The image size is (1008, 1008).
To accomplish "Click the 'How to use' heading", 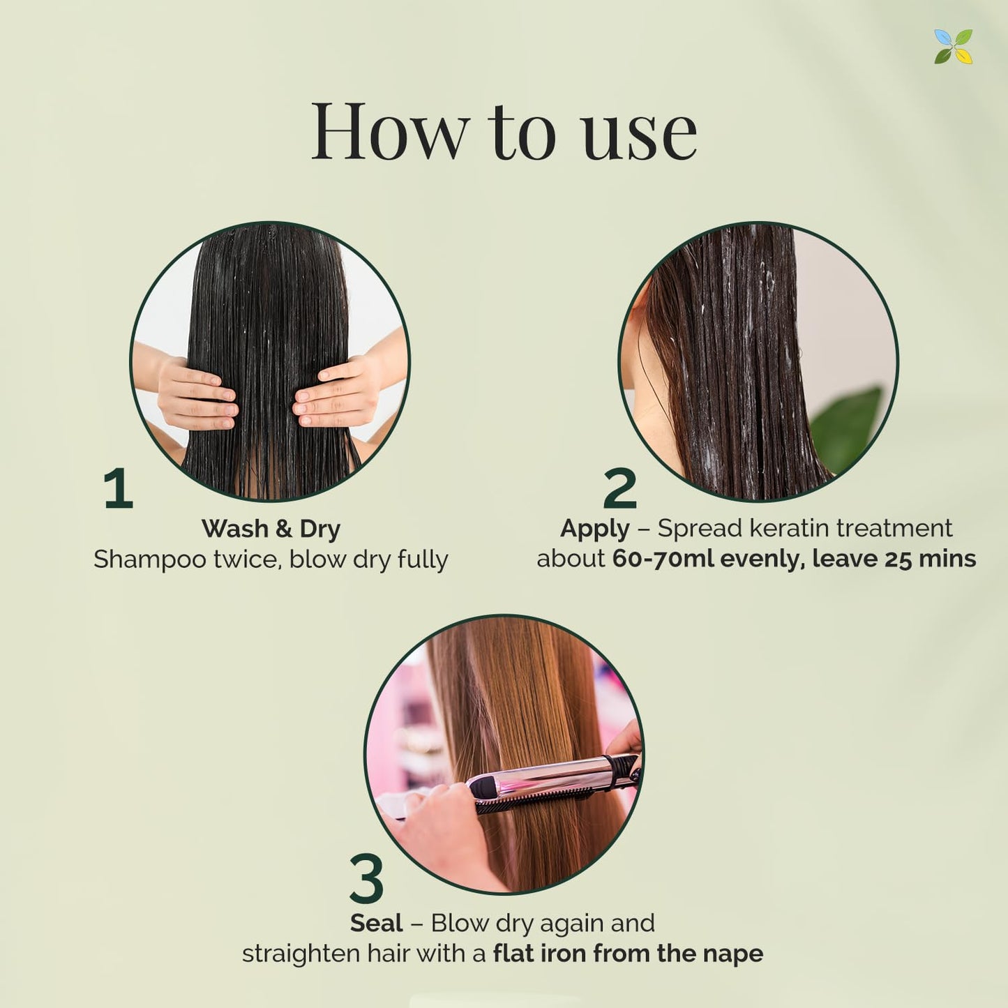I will pos(504,131).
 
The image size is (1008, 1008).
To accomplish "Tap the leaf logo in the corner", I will pos(953,47).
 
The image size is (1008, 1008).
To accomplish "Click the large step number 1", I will pos(118,488).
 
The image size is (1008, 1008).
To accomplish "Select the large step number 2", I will pos(619,488).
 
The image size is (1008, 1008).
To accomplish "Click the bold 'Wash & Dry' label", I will pos(271,529).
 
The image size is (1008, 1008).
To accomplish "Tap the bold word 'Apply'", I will pos(594,529).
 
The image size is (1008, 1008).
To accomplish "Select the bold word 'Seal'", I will pos(377,923).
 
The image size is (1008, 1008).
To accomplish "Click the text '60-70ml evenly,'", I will pos(708,559).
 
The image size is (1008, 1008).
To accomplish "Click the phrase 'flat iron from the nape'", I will pos(628,954).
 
